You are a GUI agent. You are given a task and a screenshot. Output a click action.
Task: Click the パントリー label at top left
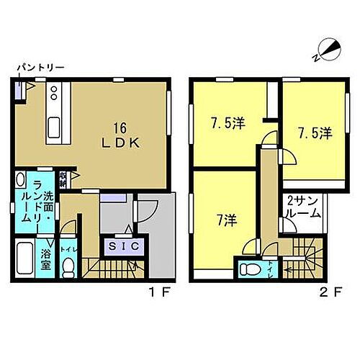[41, 68]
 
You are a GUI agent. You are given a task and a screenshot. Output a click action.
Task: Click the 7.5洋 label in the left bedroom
[228, 125]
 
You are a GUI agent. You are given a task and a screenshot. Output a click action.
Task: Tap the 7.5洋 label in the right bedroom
[315, 133]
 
